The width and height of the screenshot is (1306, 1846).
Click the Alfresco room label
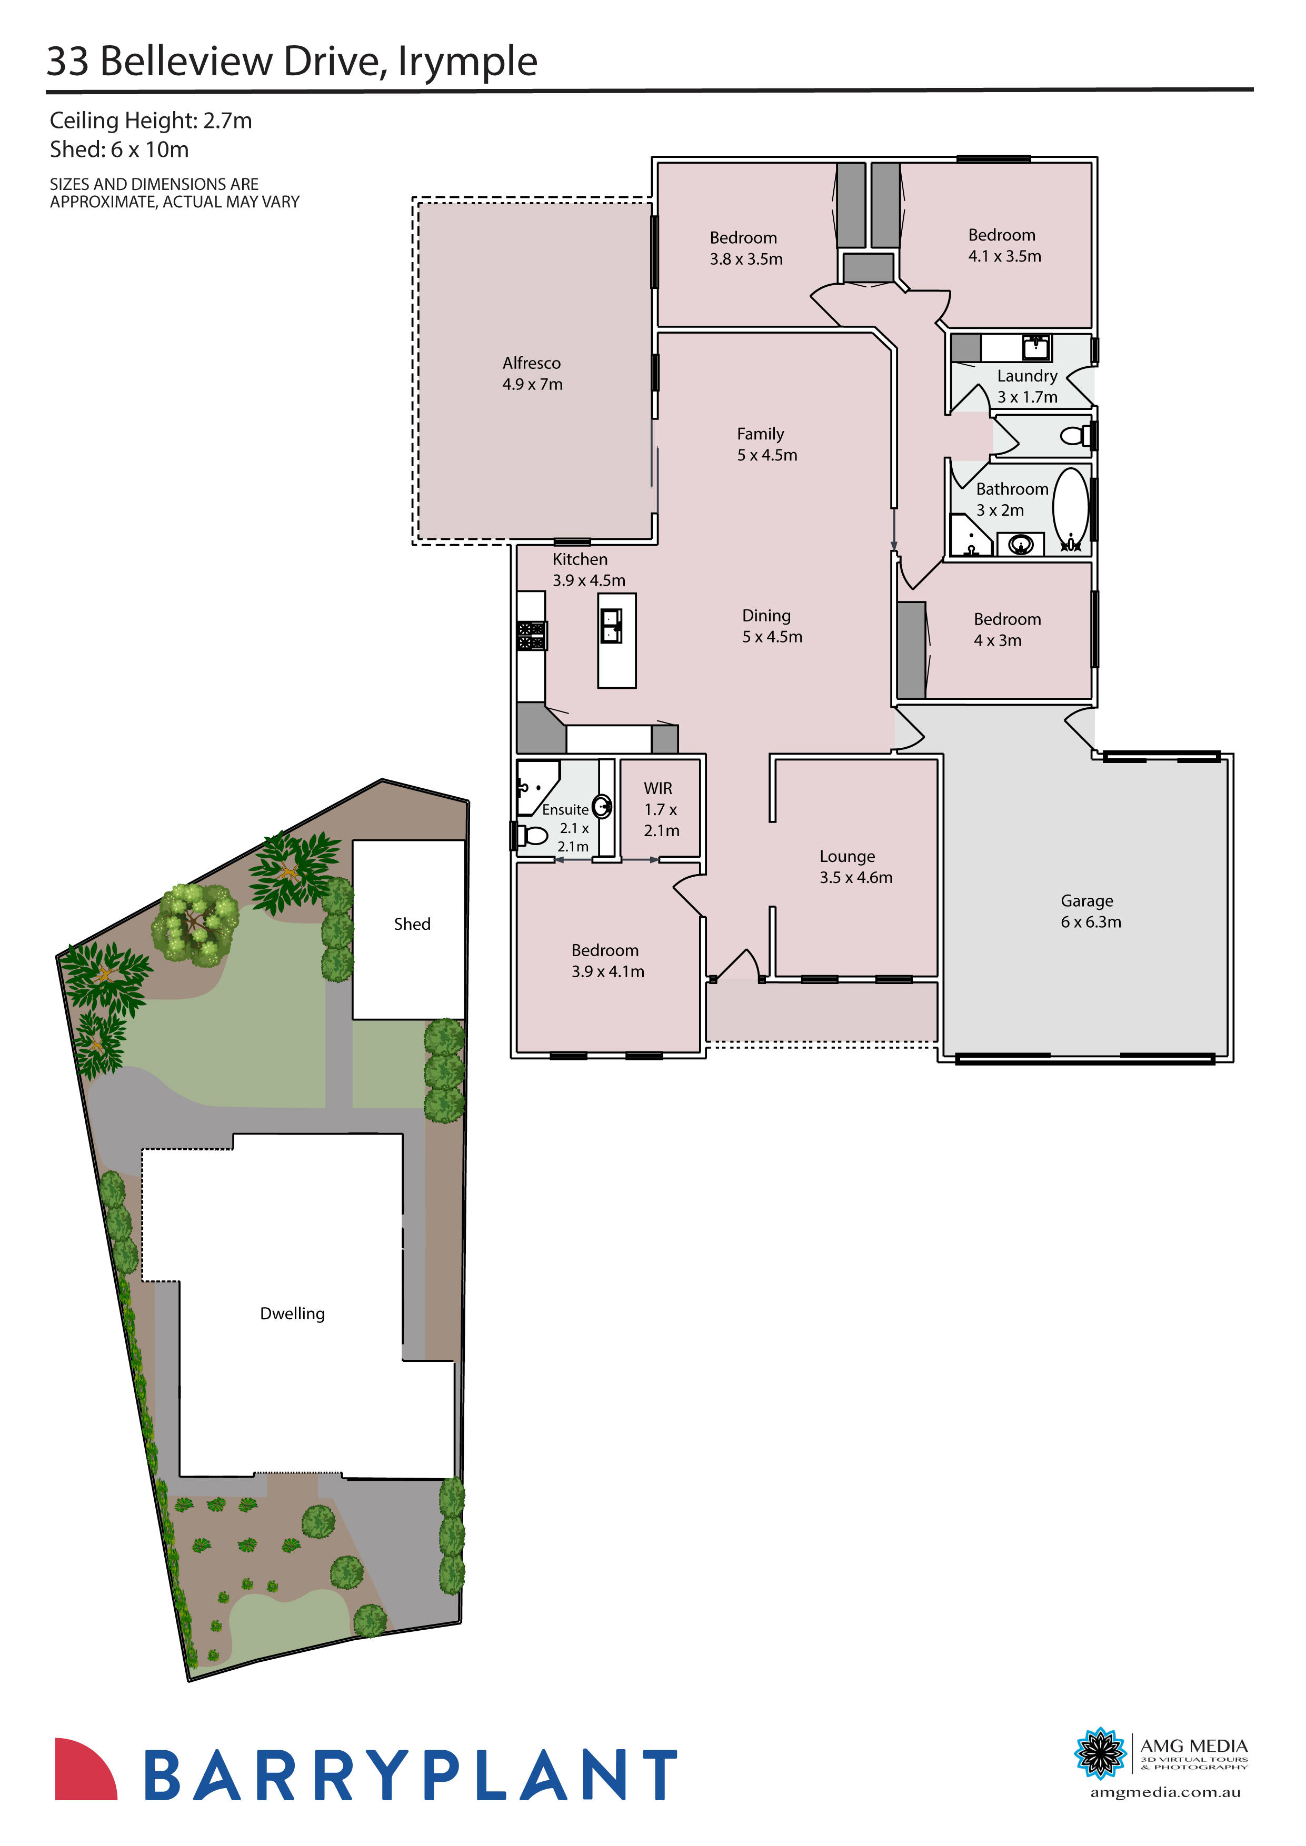click(x=532, y=374)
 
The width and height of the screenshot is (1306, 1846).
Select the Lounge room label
click(x=855, y=867)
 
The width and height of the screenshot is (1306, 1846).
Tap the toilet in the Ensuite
click(x=532, y=835)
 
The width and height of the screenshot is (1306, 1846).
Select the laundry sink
click(x=1036, y=347)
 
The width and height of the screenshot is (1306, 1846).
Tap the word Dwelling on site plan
click(x=292, y=1314)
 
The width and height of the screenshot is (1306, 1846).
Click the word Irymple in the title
click(x=467, y=63)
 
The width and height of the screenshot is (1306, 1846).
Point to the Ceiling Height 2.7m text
click(x=151, y=121)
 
